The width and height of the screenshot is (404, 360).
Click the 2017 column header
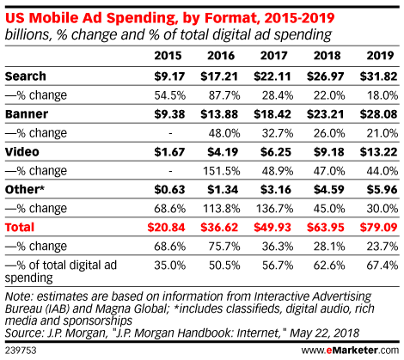(x=273, y=55)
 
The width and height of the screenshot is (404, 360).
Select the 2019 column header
(x=380, y=55)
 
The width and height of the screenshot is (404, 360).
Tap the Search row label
(x=26, y=76)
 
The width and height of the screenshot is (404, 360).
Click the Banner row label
(x=27, y=114)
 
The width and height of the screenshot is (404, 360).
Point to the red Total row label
(x=20, y=227)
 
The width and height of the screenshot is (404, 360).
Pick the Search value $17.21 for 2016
(x=219, y=76)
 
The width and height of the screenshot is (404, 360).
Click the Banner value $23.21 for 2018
(x=325, y=114)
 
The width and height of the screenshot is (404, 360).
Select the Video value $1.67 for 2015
(x=169, y=152)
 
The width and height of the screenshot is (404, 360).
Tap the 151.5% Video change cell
(x=222, y=171)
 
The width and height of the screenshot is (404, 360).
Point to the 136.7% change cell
(x=274, y=209)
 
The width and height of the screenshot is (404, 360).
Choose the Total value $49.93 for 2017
(x=272, y=228)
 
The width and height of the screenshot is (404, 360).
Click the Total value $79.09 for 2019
(x=378, y=228)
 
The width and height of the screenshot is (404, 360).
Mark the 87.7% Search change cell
(x=224, y=95)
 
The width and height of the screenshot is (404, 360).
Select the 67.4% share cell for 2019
(x=383, y=265)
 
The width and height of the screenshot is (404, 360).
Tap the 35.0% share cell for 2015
(x=170, y=265)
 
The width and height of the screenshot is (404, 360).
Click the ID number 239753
(x=21, y=351)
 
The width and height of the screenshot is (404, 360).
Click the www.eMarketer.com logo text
(x=350, y=350)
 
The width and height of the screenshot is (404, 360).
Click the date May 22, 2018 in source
(x=324, y=333)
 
